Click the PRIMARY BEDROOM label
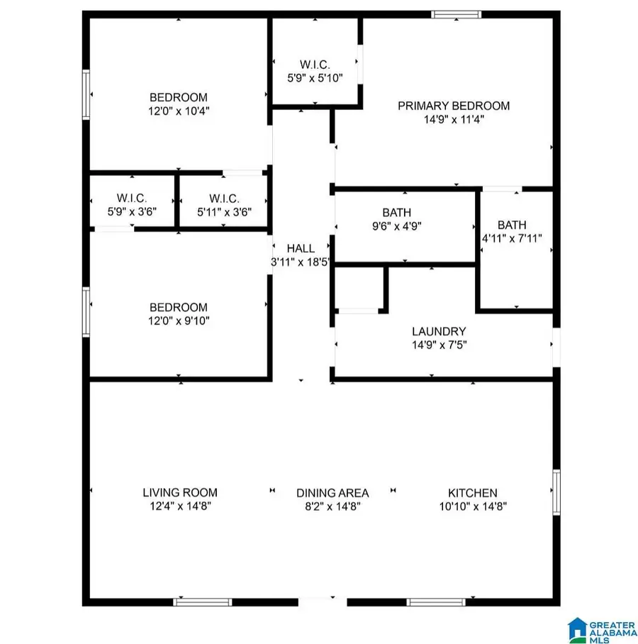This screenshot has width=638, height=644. (453, 106)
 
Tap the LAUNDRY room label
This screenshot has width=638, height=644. (439, 331)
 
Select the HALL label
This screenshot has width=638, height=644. (301, 248)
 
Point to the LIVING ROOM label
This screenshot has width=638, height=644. (179, 492)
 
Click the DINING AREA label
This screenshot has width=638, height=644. (332, 492)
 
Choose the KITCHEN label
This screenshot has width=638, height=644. (472, 492)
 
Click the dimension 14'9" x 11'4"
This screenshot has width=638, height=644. (453, 120)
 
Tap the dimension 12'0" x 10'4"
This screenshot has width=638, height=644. (178, 111)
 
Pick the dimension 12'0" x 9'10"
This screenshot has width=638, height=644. (178, 321)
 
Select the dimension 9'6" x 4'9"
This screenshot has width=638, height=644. (396, 226)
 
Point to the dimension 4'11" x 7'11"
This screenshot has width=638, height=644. (512, 238)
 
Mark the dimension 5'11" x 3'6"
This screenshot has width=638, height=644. (223, 211)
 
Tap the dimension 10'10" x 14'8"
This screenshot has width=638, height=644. (472, 506)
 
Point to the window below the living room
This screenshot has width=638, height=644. (203, 603)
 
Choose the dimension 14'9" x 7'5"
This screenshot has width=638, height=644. (439, 345)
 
